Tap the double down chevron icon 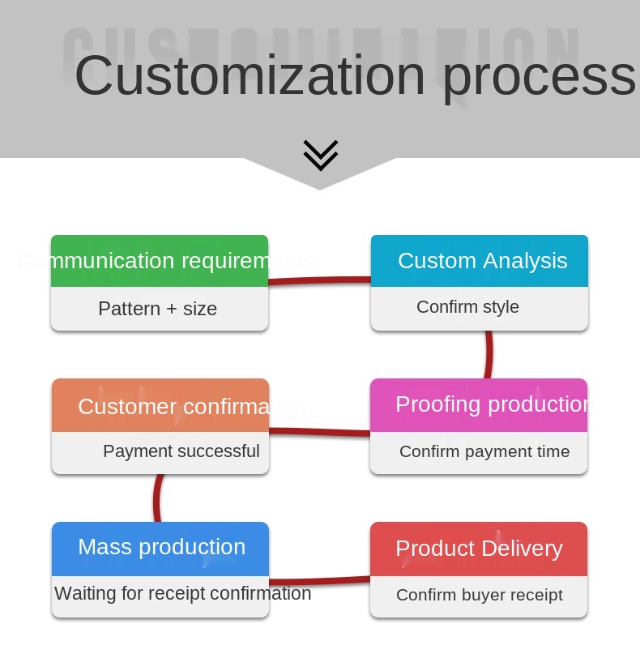pos(321,155)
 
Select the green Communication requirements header pos(160,261)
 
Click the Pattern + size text pos(158,309)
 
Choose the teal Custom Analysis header pos(480,261)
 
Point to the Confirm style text pos(467,307)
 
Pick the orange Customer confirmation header pos(160,405)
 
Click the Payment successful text pos(181,451)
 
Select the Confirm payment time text pos(484,451)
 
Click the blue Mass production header pos(161,547)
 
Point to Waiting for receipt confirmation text pos(183,593)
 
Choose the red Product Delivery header pos(479,549)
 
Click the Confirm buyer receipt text pos(480,595)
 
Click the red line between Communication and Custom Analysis pos(319,280)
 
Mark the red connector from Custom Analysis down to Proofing pos(489,354)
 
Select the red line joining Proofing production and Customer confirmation pos(319,432)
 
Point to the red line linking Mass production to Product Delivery pos(319,580)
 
